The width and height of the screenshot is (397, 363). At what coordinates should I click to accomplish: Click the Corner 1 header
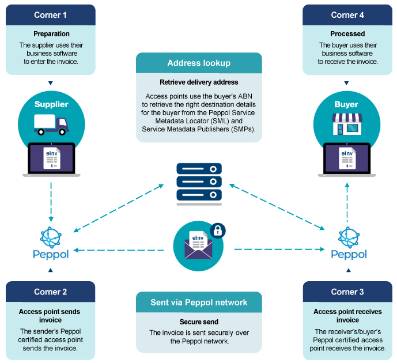[x=50, y=15]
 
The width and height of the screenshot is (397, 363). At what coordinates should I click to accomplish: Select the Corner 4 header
[x=347, y=15]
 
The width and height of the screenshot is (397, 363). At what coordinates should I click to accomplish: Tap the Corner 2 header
[x=50, y=292]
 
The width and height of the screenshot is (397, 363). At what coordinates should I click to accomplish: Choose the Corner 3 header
[x=347, y=292]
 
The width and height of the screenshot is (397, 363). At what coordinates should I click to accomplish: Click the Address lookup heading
[x=199, y=63]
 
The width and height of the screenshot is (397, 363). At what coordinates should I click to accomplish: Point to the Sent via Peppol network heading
[x=199, y=302]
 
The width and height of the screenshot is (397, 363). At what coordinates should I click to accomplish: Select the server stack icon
[x=199, y=182]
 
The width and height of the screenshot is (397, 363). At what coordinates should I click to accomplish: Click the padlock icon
[x=218, y=231]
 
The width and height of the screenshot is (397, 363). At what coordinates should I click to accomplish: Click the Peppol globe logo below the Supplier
[x=50, y=237]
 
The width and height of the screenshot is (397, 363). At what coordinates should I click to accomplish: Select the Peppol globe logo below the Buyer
[x=348, y=237]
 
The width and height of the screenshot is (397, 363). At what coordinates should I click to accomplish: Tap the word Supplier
[x=51, y=104]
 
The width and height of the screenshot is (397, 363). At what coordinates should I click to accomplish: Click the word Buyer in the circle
[x=346, y=104]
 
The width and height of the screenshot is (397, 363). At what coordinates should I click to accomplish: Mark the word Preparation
[x=51, y=34]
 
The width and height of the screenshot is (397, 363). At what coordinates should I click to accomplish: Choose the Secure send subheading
[x=199, y=322]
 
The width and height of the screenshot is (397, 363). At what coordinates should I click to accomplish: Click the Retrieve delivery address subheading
[x=199, y=82]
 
